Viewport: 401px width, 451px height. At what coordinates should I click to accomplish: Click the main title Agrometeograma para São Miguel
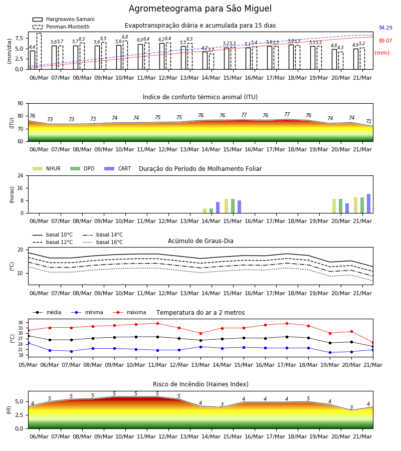coord(200,9)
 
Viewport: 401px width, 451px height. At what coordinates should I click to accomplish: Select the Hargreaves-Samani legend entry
coord(64,19)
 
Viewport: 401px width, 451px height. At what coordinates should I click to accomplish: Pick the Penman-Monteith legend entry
coord(61,27)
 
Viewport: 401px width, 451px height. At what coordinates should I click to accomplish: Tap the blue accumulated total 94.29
coord(385,28)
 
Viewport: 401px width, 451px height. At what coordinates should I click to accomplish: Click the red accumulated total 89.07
coord(385,41)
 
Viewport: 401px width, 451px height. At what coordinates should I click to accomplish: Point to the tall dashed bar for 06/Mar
coord(39,51)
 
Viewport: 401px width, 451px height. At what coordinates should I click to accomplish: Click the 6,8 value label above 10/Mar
coord(125,37)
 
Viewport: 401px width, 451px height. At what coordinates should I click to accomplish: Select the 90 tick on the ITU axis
coord(21,104)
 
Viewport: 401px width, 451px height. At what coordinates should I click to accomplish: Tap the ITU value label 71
coord(368,121)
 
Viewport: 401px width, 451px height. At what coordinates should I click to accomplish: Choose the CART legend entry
coord(118,168)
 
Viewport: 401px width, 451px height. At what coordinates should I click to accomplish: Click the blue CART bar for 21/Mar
coord(369,203)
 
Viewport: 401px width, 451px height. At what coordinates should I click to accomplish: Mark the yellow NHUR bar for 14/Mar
coord(205,211)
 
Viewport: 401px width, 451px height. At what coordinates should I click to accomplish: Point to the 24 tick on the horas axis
coord(21,175)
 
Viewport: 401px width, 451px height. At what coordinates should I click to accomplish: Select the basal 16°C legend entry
coord(103,242)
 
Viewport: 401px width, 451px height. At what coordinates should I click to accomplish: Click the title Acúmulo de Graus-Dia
coord(200,241)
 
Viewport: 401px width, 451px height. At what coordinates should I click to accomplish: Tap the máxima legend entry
coord(129,312)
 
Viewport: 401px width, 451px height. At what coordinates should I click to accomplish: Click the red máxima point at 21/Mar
coord(373,343)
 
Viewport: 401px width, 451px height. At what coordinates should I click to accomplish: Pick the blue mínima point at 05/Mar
coord(28,343)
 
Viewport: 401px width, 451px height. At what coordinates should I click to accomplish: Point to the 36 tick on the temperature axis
coord(21,322)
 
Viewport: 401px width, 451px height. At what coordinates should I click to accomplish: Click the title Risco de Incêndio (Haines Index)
coord(200,384)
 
